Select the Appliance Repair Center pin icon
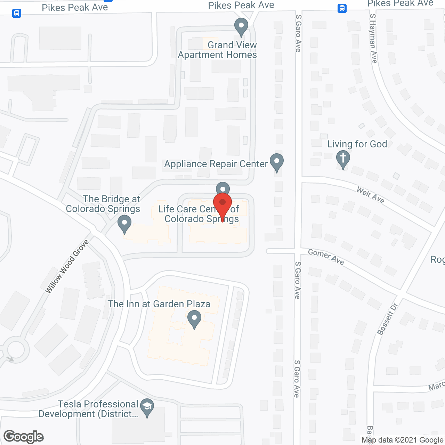(x=277, y=162)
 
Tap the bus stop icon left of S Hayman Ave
(x=342, y=8)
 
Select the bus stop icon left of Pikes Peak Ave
(x=17, y=13)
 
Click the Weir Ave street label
(x=371, y=195)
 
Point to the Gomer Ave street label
(x=326, y=257)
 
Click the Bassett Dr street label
(x=387, y=319)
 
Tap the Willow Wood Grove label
(x=67, y=266)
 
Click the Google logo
(x=24, y=437)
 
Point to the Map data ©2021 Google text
(x=403, y=440)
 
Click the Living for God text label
(x=357, y=144)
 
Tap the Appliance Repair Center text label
(x=216, y=164)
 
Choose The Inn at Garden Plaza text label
(x=159, y=304)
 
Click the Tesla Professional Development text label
(x=88, y=409)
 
